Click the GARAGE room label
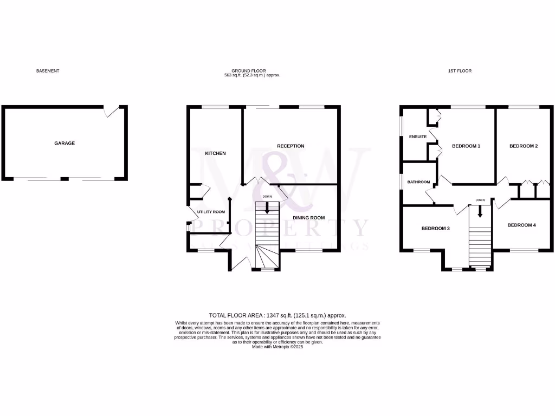pyautogui.click(x=64, y=144)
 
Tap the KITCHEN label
pyautogui.click(x=215, y=154)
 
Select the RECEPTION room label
pyautogui.click(x=291, y=146)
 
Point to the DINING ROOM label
pyautogui.click(x=309, y=218)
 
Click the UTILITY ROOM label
pyautogui.click(x=211, y=212)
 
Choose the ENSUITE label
pyautogui.click(x=417, y=136)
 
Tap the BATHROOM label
pyautogui.click(x=418, y=182)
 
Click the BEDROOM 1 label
pyautogui.click(x=466, y=146)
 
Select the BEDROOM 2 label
pyautogui.click(x=524, y=146)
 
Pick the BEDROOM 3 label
pyautogui.click(x=436, y=229)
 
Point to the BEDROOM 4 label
pyautogui.click(x=521, y=225)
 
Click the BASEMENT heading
pyautogui.click(x=48, y=71)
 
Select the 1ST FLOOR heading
pyautogui.click(x=460, y=71)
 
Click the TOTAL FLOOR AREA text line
pyautogui.click(x=277, y=315)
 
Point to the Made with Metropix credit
pyautogui.click(x=277, y=347)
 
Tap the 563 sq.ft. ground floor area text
pyautogui.click(x=252, y=76)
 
